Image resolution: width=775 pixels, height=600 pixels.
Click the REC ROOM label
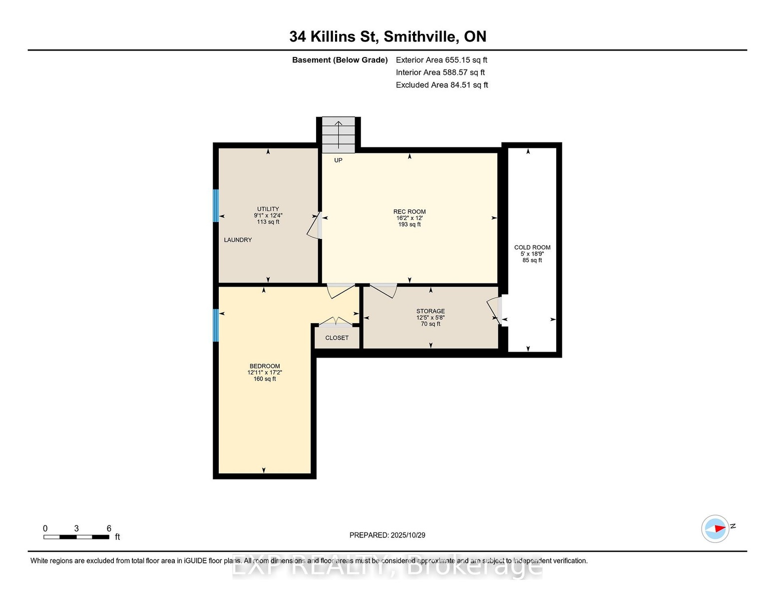pyautogui.click(x=409, y=211)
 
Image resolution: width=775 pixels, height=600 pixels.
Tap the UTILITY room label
pyautogui.click(x=268, y=209)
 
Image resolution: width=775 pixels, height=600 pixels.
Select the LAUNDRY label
pyautogui.click(x=238, y=240)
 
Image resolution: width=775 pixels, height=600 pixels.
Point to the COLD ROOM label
pyautogui.click(x=532, y=247)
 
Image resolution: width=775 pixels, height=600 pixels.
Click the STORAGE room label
pyautogui.click(x=430, y=311)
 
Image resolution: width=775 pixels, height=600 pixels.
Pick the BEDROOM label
pyautogui.click(x=265, y=366)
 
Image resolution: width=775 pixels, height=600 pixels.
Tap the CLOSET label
pyautogui.click(x=337, y=337)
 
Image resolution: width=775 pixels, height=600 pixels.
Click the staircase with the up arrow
pyautogui.click(x=339, y=135)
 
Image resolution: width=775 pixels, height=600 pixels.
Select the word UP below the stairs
pyautogui.click(x=338, y=160)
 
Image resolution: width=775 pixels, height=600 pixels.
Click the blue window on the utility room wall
pyautogui.click(x=216, y=205)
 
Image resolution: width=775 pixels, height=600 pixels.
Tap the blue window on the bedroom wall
pyautogui.click(x=216, y=325)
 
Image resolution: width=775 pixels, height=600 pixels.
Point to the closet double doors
pyautogui.click(x=336, y=321)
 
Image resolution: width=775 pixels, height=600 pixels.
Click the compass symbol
pyautogui.click(x=715, y=528)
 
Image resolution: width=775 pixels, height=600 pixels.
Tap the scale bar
pyautogui.click(x=76, y=537)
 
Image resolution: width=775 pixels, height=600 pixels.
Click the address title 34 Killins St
pyautogui.click(x=334, y=36)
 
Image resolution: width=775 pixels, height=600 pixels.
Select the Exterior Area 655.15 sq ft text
pyautogui.click(x=441, y=60)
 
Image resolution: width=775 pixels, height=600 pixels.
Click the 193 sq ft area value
pyautogui.click(x=409, y=224)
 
